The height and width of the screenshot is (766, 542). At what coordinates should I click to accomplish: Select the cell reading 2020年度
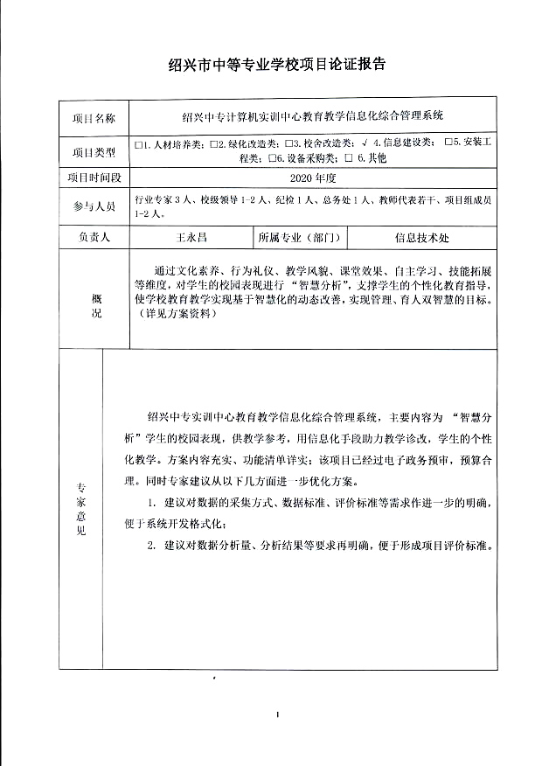click(312, 177)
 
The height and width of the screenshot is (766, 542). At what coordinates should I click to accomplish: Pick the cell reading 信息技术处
click(422, 237)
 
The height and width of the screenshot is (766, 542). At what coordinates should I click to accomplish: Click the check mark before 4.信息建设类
click(363, 143)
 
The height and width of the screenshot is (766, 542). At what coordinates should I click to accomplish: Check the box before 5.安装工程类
click(447, 143)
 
